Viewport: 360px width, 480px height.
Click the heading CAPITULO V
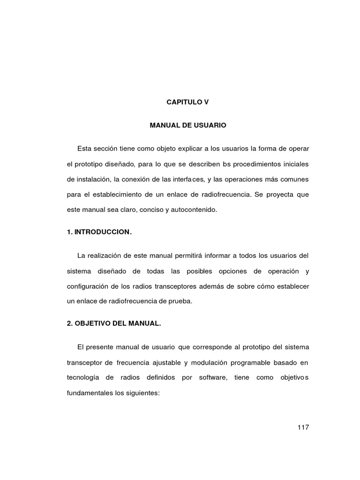point(187,101)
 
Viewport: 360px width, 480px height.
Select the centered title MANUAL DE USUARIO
point(187,126)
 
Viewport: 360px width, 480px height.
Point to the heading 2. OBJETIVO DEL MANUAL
point(115,324)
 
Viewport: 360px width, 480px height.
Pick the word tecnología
point(87,378)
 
